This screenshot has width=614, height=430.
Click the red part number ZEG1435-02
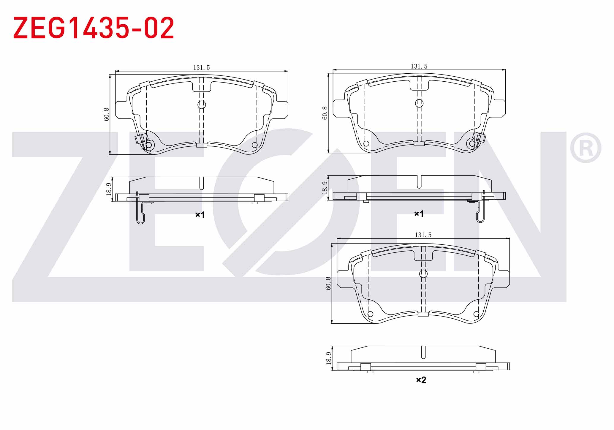[94, 28]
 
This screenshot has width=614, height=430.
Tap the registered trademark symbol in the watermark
[585, 148]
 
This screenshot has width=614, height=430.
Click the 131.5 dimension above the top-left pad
[202, 68]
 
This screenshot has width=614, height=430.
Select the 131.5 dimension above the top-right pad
[419, 67]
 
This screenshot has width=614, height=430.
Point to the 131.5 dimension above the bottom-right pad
[423, 235]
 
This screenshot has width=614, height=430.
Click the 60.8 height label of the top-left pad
[107, 114]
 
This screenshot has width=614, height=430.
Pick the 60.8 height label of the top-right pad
[325, 113]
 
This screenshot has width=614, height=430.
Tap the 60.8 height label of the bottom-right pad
[328, 283]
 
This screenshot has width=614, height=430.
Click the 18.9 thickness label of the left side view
[109, 189]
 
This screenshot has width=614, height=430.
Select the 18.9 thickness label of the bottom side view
[328, 358]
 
